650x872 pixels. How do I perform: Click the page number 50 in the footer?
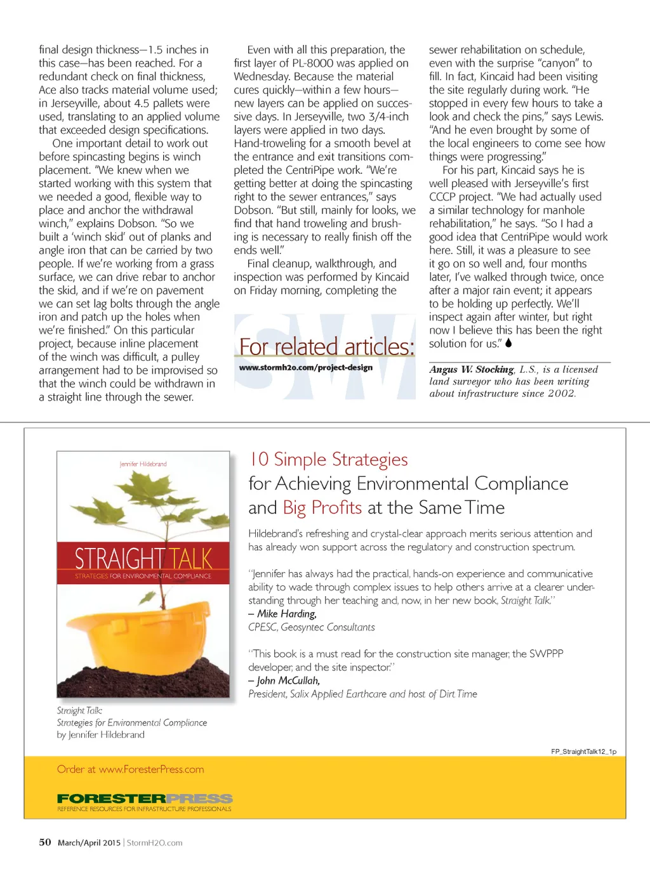pos(45,842)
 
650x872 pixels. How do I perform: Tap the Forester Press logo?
pos(145,798)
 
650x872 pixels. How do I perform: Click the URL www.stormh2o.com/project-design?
pos(305,368)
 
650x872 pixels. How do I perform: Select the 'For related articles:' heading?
pos(326,347)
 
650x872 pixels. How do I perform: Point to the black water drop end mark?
pos(508,343)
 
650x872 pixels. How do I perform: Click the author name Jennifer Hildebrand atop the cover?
pos(143,464)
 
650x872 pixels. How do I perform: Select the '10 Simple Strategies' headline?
pos(328,459)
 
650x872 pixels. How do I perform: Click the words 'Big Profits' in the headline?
pos(322,507)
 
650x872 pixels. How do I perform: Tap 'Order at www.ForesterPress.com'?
pos(131,769)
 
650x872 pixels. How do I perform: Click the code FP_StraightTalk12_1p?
pos(583,752)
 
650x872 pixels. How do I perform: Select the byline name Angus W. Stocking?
pos(471,369)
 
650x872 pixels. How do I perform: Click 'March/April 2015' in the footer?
pos(89,843)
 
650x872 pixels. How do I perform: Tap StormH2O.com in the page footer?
pos(154,843)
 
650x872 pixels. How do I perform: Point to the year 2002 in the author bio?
pos(561,393)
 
